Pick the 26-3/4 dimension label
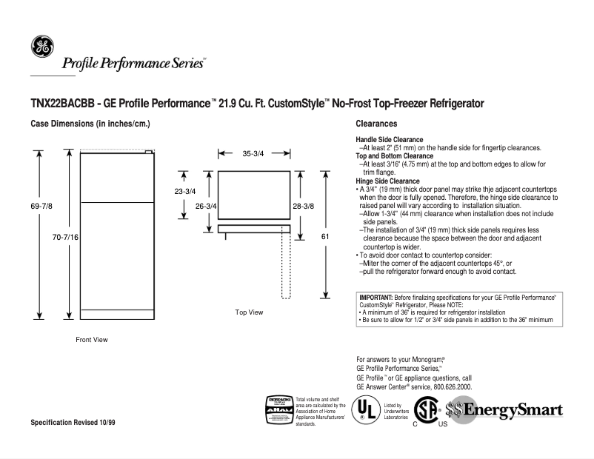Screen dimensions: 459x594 click(x=205, y=206)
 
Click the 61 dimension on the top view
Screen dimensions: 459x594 click(x=324, y=236)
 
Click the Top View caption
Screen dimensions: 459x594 click(x=249, y=312)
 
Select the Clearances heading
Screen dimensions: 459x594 click(x=376, y=124)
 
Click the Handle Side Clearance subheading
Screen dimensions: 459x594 click(x=390, y=140)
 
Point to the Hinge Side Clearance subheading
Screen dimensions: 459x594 click(x=387, y=181)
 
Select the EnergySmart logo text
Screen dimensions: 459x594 click(x=512, y=410)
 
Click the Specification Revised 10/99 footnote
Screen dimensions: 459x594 click(x=73, y=422)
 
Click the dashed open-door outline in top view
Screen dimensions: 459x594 click(x=286, y=267)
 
